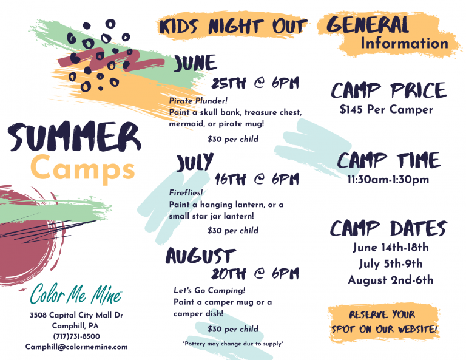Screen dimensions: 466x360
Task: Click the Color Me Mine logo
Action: click(76, 294)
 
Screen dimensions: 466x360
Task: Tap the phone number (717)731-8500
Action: click(76, 336)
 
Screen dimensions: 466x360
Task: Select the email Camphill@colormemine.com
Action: click(76, 347)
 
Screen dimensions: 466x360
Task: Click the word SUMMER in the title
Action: click(74, 136)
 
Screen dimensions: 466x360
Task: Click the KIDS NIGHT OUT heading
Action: click(233, 26)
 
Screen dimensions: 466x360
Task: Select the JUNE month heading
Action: click(195, 63)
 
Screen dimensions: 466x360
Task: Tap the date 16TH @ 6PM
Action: click(257, 179)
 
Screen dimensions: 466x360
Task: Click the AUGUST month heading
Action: click(201, 256)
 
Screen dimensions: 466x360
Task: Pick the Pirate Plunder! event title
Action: click(198, 101)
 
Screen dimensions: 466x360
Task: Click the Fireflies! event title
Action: click(186, 192)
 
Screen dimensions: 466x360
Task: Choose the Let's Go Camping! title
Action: click(209, 290)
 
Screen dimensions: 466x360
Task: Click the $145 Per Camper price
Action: click(387, 109)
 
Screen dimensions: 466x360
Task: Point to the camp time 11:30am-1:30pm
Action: click(388, 180)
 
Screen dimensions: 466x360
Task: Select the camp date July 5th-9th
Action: click(391, 263)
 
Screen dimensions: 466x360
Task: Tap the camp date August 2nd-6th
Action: click(391, 280)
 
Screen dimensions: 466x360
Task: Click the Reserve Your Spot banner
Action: click(384, 322)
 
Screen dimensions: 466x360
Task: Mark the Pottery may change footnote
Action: click(233, 344)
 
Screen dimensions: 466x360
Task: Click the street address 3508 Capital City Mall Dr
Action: click(76, 315)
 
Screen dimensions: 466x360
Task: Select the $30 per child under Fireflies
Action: click(233, 231)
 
